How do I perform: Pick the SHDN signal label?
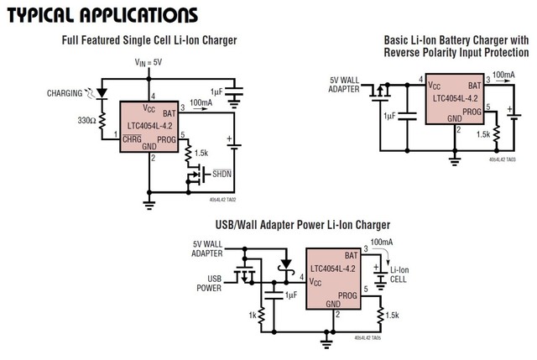click(223, 174)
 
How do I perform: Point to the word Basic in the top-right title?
click(399, 39)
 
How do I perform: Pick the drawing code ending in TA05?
click(370, 338)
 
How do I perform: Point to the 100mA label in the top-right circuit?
click(503, 76)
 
